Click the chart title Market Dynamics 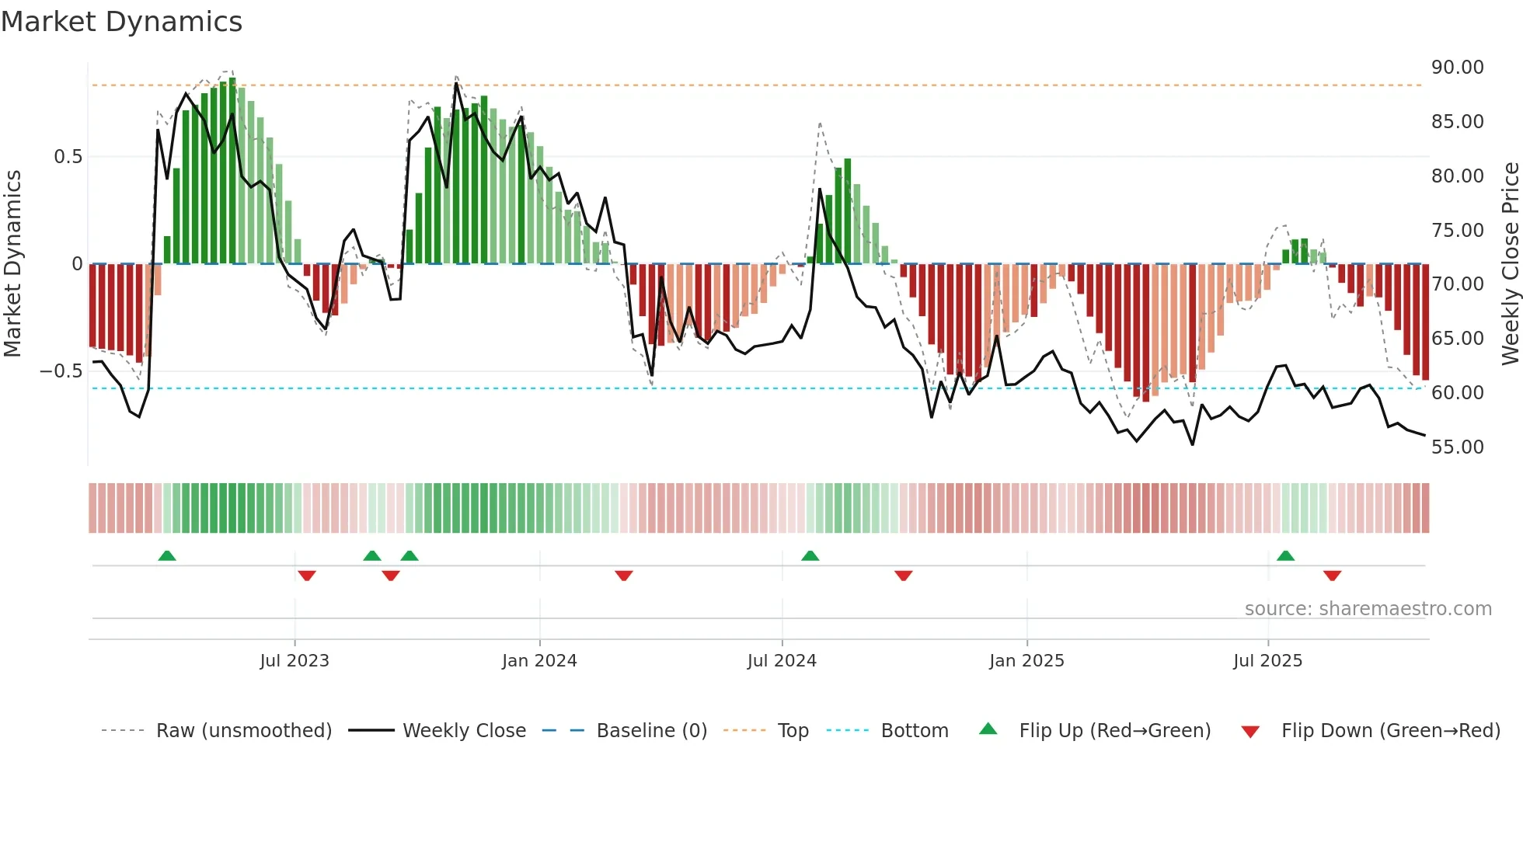pyautogui.click(x=121, y=22)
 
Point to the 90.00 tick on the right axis pyautogui.click(x=1457, y=68)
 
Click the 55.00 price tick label pyautogui.click(x=1457, y=447)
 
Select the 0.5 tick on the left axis pyautogui.click(x=68, y=157)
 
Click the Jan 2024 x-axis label pyautogui.click(x=539, y=661)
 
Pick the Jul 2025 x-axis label pyautogui.click(x=1267, y=661)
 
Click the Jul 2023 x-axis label pyautogui.click(x=294, y=661)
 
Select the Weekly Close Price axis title pyautogui.click(x=1510, y=263)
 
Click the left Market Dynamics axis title pyautogui.click(x=12, y=263)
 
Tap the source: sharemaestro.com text pyautogui.click(x=1368, y=609)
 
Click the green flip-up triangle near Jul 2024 pyautogui.click(x=810, y=556)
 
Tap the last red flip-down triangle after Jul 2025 pyautogui.click(x=1332, y=576)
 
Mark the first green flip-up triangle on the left pyautogui.click(x=167, y=556)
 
